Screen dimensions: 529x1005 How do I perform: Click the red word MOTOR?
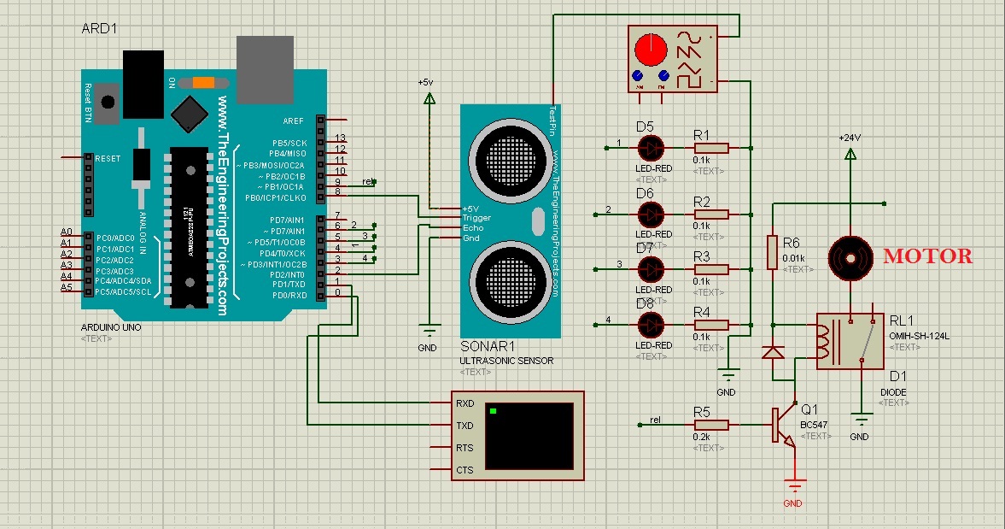(927, 256)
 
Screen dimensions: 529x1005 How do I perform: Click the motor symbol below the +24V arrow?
(850, 256)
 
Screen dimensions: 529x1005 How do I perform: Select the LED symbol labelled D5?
(651, 147)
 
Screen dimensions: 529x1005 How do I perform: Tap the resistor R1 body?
(711, 148)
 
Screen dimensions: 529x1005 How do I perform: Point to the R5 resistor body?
(711, 424)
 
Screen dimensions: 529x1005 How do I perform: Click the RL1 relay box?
(850, 340)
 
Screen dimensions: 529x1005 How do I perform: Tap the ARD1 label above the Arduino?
(99, 28)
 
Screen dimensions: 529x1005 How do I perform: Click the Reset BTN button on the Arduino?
(106, 103)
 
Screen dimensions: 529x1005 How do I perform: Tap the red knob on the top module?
(651, 49)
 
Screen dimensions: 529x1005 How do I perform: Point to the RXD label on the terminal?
(465, 403)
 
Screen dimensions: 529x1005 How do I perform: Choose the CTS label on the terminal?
(465, 470)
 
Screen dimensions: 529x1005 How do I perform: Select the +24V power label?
(850, 137)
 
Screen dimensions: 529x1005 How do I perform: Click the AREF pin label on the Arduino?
(294, 120)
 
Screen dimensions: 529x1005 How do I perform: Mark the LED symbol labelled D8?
(651, 324)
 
